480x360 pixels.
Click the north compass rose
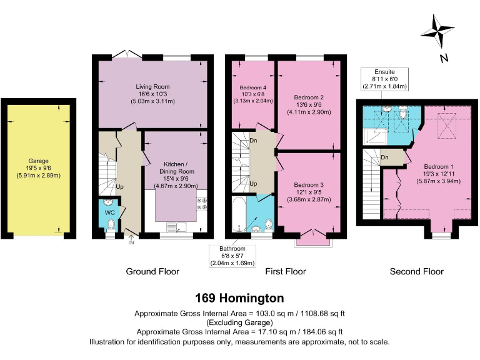[440, 33]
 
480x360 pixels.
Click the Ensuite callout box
[386, 79]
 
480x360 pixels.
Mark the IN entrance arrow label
[131, 242]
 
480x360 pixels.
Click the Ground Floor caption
[152, 271]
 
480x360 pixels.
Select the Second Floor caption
[416, 271]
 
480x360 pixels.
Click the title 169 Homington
[239, 297]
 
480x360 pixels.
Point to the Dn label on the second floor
[385, 157]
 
